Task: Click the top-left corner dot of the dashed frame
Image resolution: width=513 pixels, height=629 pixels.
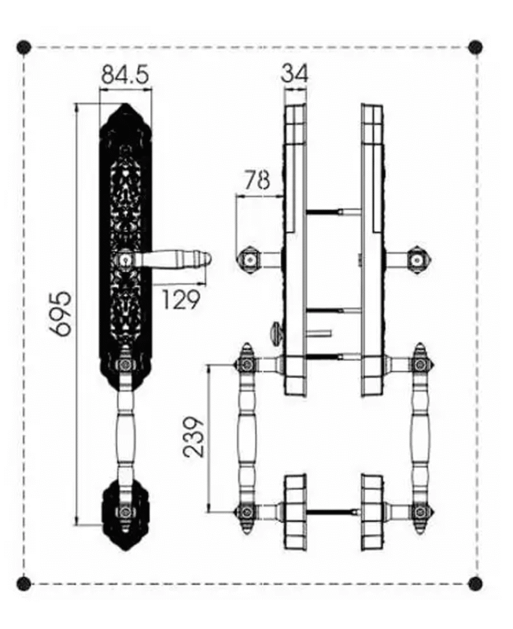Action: [24, 47]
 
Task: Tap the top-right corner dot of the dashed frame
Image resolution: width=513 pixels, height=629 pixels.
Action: [475, 47]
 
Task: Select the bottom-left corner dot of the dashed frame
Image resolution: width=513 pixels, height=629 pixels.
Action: [24, 583]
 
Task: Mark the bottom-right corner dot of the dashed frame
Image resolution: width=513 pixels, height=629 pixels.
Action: [475, 583]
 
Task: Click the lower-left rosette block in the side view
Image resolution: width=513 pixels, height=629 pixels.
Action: [295, 511]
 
